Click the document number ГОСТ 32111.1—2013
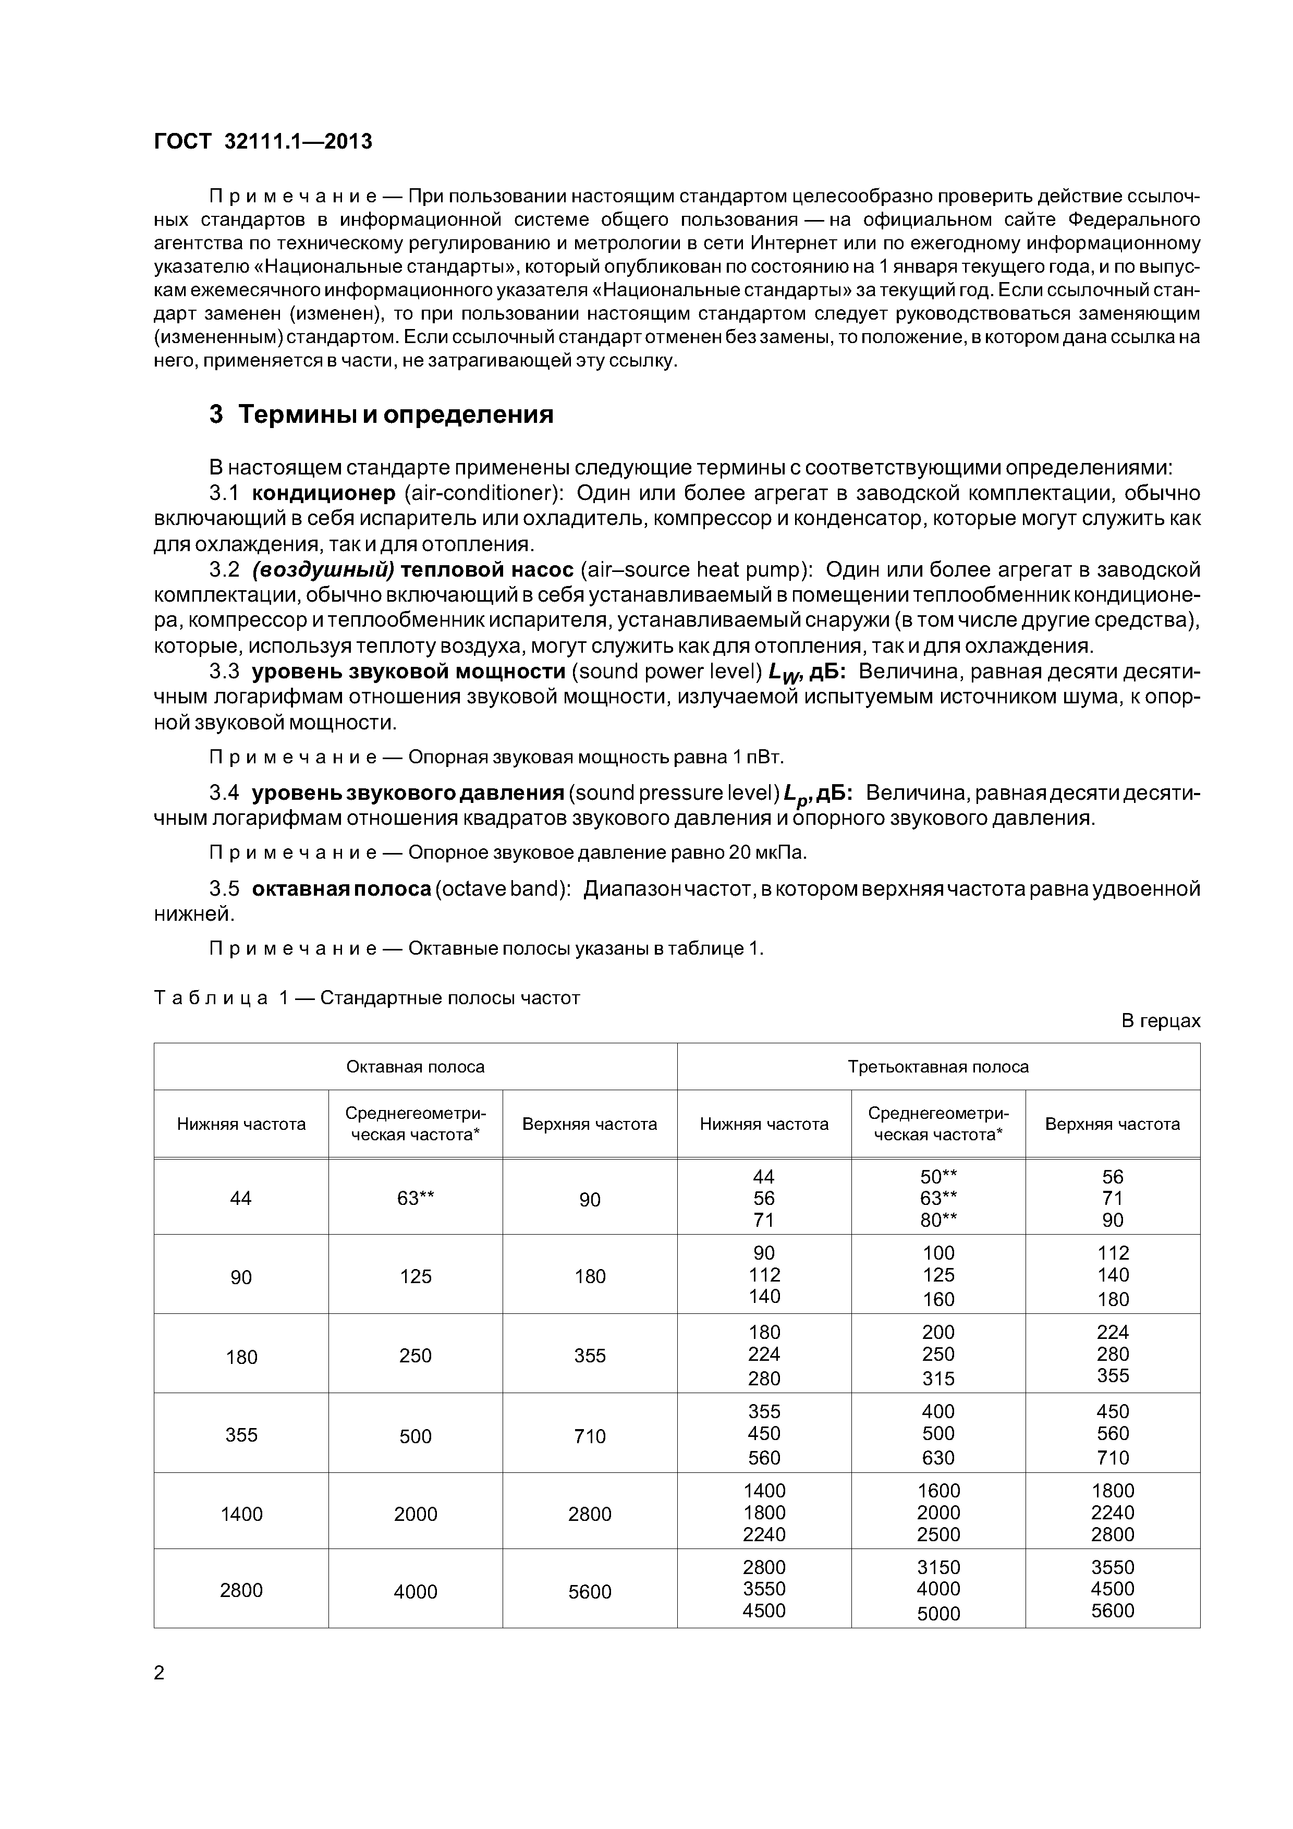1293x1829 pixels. pyautogui.click(x=262, y=142)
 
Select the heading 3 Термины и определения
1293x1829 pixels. pyautogui.click(x=381, y=415)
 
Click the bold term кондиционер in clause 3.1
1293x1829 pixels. pyautogui.click(x=323, y=494)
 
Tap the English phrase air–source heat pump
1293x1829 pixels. pyautogui.click(x=696, y=570)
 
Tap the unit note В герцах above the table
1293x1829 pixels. pyautogui.click(x=1160, y=1021)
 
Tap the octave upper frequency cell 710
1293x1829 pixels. pyautogui.click(x=590, y=1436)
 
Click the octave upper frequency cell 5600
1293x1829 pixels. pyautogui.click(x=590, y=1592)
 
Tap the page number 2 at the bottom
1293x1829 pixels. pyautogui.click(x=160, y=1674)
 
